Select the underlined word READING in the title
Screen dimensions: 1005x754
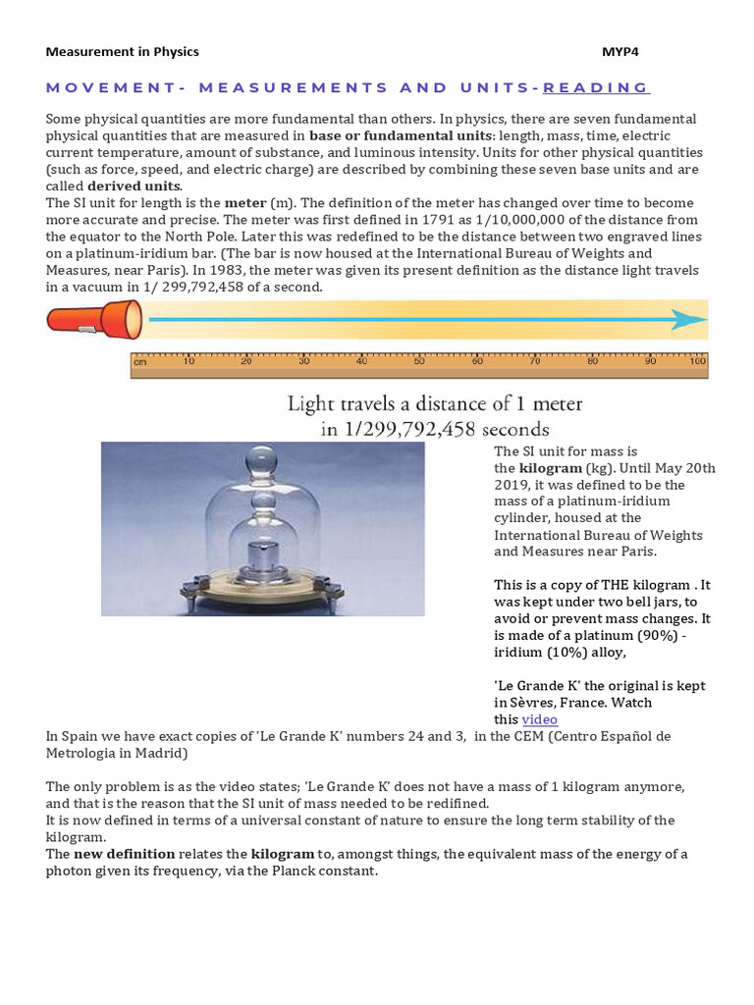[x=596, y=87]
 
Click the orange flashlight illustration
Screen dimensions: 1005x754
[x=93, y=320]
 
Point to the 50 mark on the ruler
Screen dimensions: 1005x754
[x=419, y=361]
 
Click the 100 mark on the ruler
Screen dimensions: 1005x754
[x=697, y=361]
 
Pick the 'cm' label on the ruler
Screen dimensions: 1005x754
[x=140, y=361]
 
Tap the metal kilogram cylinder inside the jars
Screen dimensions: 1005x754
[x=263, y=555]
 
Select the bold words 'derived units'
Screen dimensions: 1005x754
[x=134, y=186]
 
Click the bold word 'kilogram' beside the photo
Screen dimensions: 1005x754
[x=550, y=468]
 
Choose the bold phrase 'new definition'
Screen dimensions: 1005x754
[x=125, y=854]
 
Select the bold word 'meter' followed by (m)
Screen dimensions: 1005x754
[x=245, y=203]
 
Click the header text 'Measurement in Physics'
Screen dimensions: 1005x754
[x=122, y=51]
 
